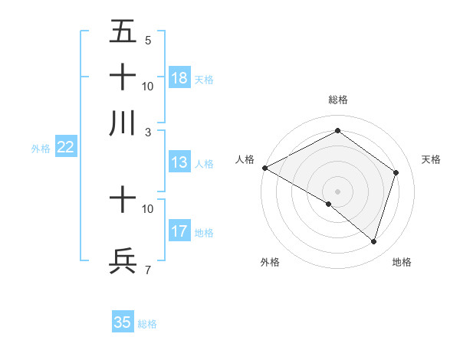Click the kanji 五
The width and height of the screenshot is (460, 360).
click(x=123, y=31)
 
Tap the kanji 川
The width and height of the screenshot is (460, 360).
click(x=123, y=123)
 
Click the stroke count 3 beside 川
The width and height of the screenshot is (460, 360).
click(x=147, y=132)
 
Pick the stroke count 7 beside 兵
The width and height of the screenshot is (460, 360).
click(x=147, y=269)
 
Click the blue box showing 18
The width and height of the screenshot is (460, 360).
click(x=179, y=78)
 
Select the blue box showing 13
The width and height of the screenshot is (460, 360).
click(x=179, y=162)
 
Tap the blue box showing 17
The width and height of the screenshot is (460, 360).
click(x=179, y=232)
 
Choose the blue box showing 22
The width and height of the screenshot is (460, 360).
click(x=65, y=148)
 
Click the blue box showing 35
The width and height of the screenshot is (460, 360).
click(x=123, y=322)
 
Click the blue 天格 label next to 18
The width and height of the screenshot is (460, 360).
click(x=204, y=79)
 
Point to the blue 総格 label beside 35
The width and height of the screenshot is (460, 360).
click(x=147, y=324)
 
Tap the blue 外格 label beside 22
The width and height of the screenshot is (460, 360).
click(x=41, y=149)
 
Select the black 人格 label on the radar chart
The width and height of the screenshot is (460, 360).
click(x=245, y=159)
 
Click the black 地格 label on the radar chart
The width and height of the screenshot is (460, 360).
click(x=402, y=262)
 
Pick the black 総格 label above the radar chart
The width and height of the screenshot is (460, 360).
click(x=337, y=100)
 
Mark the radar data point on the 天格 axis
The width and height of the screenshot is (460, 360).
click(x=396, y=172)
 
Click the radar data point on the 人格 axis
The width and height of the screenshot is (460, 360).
click(x=264, y=168)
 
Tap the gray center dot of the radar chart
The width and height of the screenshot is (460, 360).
click(x=337, y=191)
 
